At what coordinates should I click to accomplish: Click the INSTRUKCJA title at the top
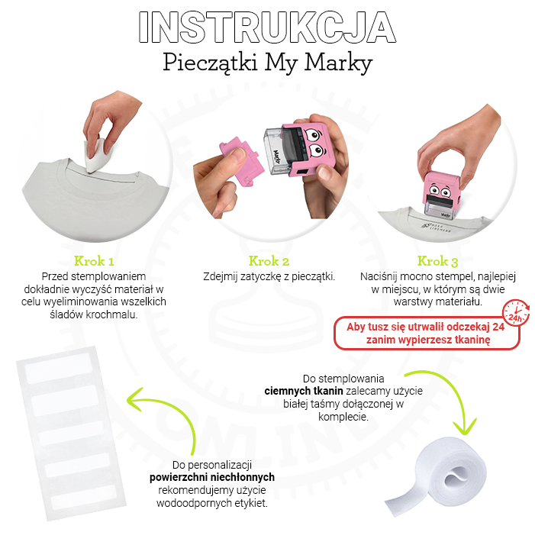[x=267, y=27]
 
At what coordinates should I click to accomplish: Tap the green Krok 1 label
[x=94, y=261]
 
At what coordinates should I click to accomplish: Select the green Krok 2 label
[x=269, y=261]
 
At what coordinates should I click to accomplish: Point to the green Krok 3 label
[x=437, y=261]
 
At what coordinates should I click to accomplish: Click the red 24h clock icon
[x=516, y=312]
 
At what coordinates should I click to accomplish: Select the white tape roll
[x=436, y=477]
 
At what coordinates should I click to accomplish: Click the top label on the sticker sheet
[x=59, y=368]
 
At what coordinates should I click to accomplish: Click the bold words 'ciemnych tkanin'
[x=304, y=391]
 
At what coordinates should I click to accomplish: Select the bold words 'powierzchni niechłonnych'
[x=212, y=477]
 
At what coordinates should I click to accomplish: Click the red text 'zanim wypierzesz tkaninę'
[x=428, y=340]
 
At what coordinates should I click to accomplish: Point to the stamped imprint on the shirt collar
[x=436, y=227]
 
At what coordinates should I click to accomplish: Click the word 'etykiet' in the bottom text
[x=250, y=503]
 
